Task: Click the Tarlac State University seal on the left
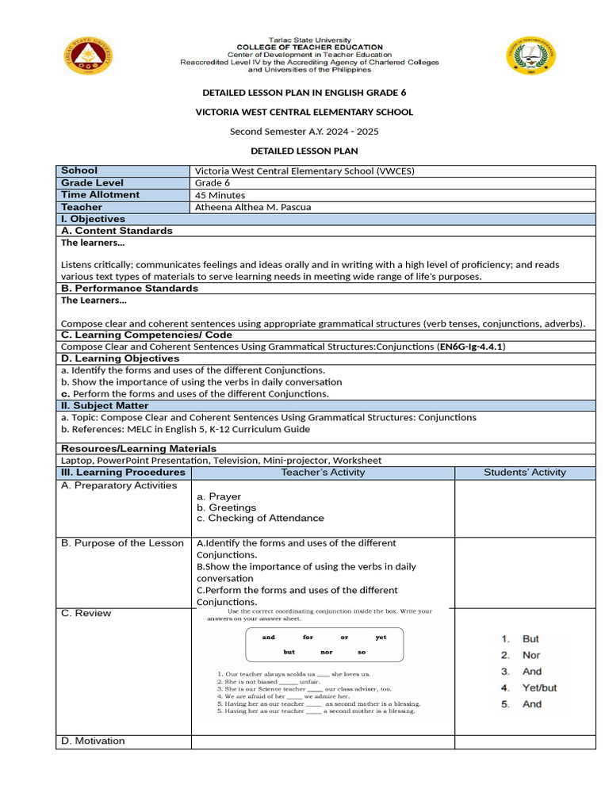coord(87,56)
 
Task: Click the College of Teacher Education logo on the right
coord(530,57)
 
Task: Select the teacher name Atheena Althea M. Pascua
coord(253,207)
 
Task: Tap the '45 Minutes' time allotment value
coord(220,195)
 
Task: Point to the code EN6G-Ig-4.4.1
coord(472,347)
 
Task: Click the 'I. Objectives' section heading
coord(93,219)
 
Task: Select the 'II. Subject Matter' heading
coord(105,405)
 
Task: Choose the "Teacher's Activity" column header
coord(323,473)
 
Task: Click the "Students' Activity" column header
coord(525,473)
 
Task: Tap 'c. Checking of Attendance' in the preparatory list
coord(260,518)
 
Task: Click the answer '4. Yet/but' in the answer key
coord(529,688)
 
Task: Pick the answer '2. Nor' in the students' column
coord(520,655)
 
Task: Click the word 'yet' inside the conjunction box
coord(381,638)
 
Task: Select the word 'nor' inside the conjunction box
coord(326,653)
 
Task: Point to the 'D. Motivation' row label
coord(93,741)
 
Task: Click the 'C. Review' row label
coord(86,613)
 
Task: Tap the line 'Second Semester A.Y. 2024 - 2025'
coord(304,132)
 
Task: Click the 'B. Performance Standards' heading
coord(129,289)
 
